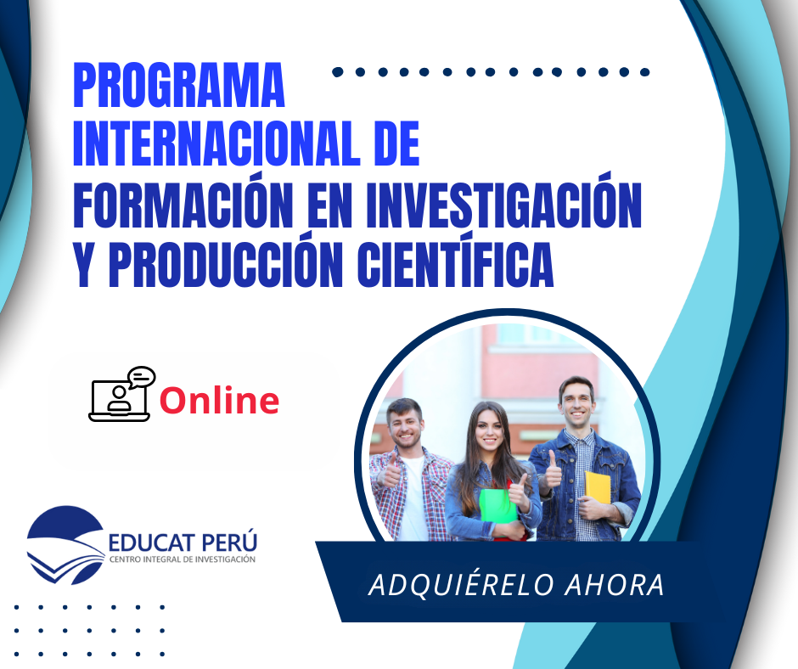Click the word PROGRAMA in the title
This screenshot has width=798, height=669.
point(179,85)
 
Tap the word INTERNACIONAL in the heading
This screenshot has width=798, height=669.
point(217,144)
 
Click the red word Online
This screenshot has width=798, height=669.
point(219,400)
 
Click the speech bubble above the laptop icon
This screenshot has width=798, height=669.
point(141,377)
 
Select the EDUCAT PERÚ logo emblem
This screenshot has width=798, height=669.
point(66,545)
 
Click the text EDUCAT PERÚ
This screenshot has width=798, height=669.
point(183,543)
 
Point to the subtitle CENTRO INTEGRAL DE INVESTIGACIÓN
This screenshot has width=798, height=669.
point(183,559)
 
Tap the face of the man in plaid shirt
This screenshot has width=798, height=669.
point(406,427)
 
